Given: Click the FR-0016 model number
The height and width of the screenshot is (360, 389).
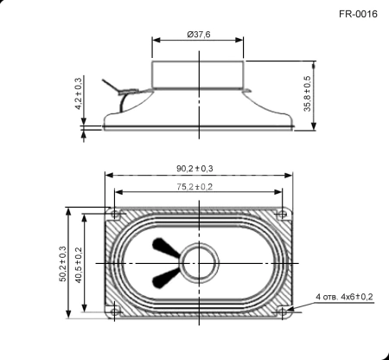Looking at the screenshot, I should pyautogui.click(x=357, y=16).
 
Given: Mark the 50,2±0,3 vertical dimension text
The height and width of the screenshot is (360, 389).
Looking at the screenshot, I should pyautogui.click(x=62, y=264).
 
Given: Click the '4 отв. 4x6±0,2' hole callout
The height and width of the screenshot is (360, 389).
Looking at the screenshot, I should pyautogui.click(x=344, y=297).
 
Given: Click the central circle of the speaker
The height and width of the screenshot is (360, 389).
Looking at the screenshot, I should pyautogui.click(x=198, y=261).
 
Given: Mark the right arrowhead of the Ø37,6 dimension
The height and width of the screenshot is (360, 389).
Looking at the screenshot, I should pyautogui.click(x=244, y=41).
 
